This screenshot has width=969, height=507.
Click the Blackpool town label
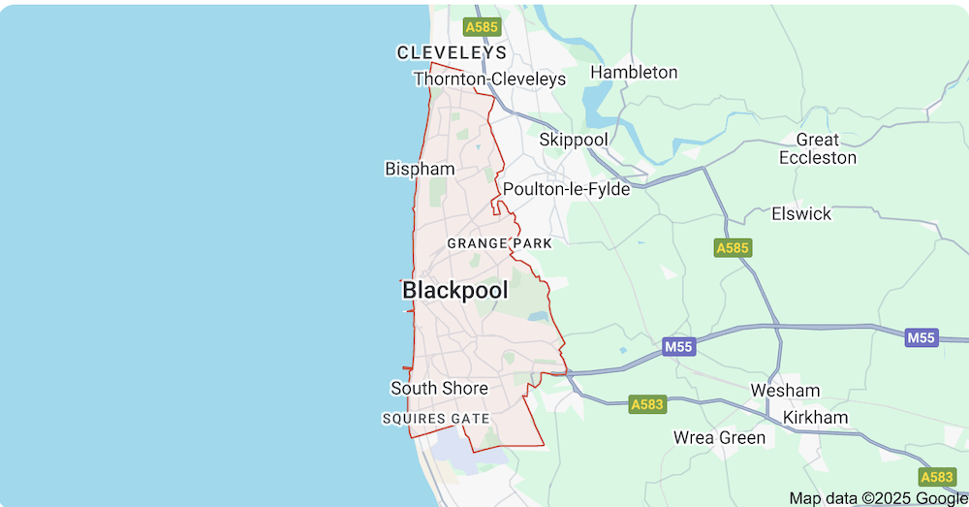[454, 291]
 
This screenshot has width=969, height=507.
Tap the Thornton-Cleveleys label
[489, 79]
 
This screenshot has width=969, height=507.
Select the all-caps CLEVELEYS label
[452, 52]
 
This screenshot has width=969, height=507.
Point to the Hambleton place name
[634, 72]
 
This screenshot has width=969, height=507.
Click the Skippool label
[574, 140]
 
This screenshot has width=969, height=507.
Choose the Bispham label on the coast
[420, 169]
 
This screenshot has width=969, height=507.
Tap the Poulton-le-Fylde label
[566, 189]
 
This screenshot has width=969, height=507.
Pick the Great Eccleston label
[818, 148]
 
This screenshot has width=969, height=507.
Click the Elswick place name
[801, 213]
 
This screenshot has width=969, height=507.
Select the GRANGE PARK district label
[499, 243]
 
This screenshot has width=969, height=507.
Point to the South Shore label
[439, 388]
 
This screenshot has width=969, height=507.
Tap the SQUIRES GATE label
[435, 419]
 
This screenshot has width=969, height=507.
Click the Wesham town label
[785, 391]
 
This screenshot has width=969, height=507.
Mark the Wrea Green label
[719, 437]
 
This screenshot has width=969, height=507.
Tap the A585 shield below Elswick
[733, 248]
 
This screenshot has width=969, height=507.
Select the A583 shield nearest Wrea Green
[647, 403]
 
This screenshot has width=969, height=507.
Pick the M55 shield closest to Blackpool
[680, 346]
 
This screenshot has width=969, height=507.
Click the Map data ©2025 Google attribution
[878, 497]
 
